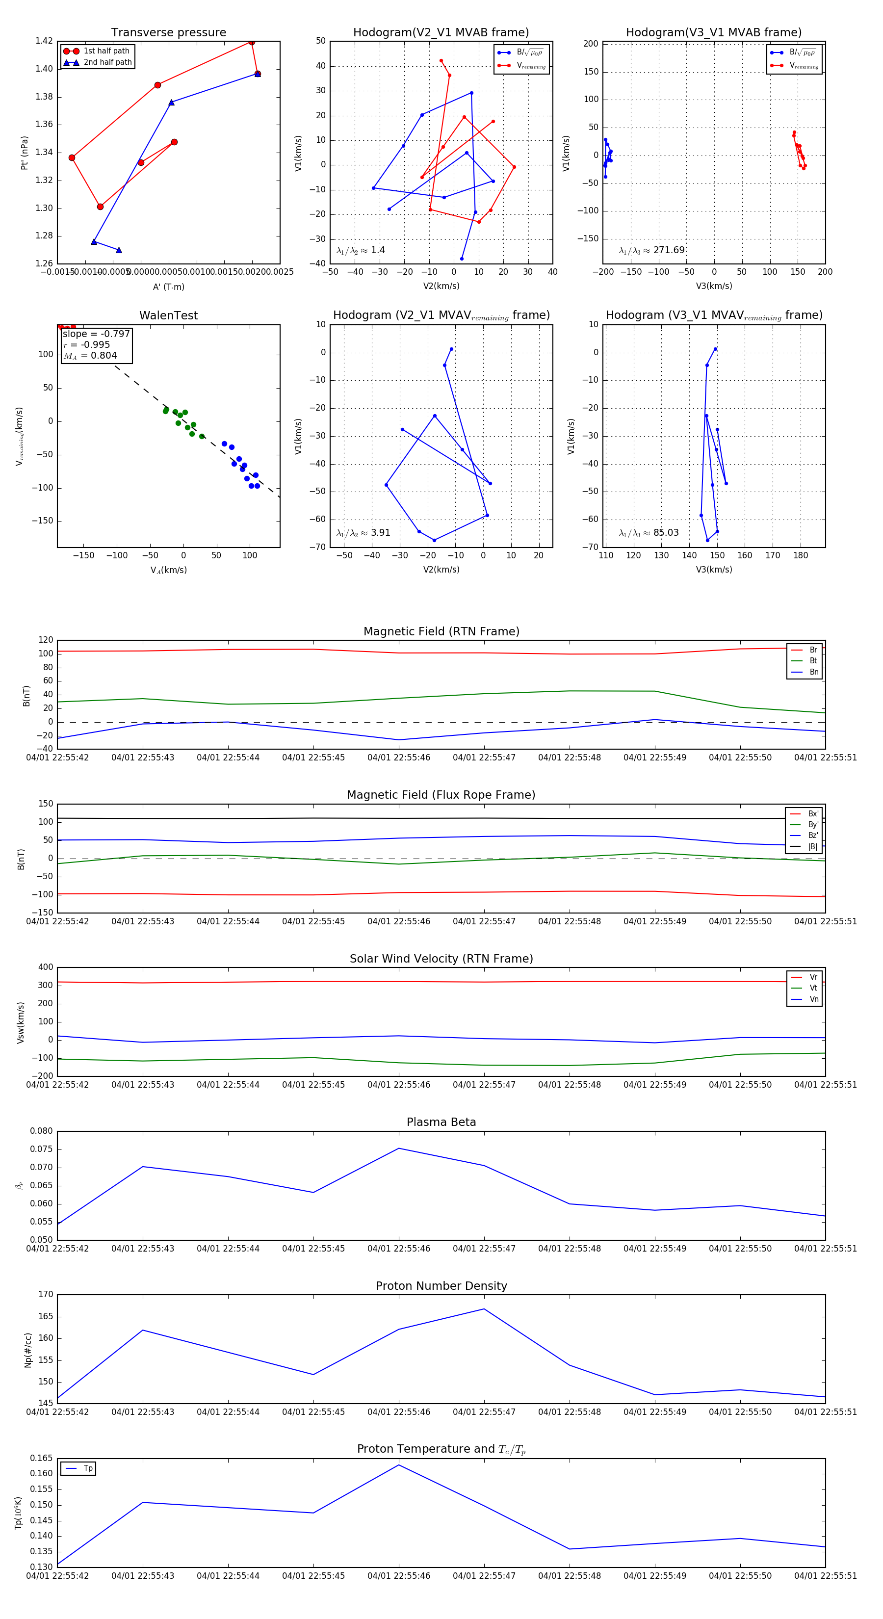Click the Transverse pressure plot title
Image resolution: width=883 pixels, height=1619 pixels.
[x=168, y=33]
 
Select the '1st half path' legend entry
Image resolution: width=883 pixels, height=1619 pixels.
[x=105, y=51]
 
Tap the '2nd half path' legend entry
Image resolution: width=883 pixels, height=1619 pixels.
[x=107, y=62]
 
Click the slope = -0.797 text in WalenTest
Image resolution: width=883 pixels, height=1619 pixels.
[x=96, y=334]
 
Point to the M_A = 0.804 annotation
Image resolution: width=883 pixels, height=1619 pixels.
[x=90, y=356]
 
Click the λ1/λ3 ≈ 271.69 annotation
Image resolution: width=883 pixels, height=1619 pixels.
[x=652, y=250]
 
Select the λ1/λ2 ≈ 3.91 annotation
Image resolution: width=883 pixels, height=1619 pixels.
[x=363, y=533]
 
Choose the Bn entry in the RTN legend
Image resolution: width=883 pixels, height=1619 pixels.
[x=813, y=672]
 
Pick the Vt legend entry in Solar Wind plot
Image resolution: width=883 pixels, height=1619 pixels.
[x=813, y=988]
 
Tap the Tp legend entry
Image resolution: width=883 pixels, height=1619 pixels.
[x=87, y=1468]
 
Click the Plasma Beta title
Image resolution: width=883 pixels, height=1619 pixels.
[x=441, y=1122]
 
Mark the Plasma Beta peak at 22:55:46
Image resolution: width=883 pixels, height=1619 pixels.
[x=398, y=1148]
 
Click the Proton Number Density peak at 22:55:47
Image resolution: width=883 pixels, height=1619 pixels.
[x=484, y=1308]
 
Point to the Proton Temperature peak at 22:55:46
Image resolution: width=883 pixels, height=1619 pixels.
[x=398, y=1465]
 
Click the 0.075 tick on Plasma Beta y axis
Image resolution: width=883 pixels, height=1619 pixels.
[x=42, y=1149]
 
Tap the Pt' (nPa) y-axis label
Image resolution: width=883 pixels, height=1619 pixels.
[x=24, y=153]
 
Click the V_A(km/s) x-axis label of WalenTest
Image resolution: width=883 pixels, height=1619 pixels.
[x=168, y=570]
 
